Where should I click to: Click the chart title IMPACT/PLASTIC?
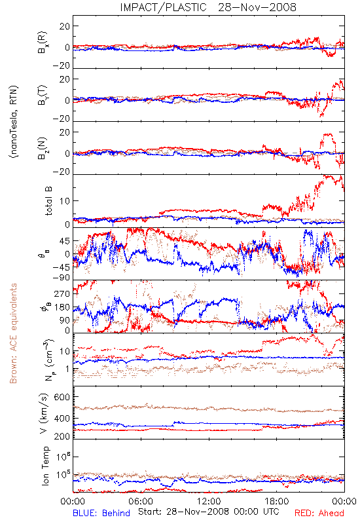(163, 7)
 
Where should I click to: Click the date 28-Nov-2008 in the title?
(257, 7)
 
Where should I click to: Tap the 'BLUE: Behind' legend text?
(101, 513)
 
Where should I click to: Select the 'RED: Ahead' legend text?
(319, 513)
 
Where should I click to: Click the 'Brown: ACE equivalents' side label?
(13, 333)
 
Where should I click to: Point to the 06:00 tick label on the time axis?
(141, 501)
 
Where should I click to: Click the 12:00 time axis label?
(209, 501)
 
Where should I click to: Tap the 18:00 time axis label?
(277, 501)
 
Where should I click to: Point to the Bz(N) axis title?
(43, 148)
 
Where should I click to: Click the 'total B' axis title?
(48, 201)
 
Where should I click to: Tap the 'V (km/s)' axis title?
(44, 413)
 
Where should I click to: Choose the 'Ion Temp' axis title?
(45, 466)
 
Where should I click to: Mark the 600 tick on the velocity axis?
(62, 397)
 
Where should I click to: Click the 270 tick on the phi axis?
(62, 293)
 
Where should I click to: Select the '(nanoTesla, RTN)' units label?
(14, 122)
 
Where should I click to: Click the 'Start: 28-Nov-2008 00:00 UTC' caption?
(209, 512)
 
